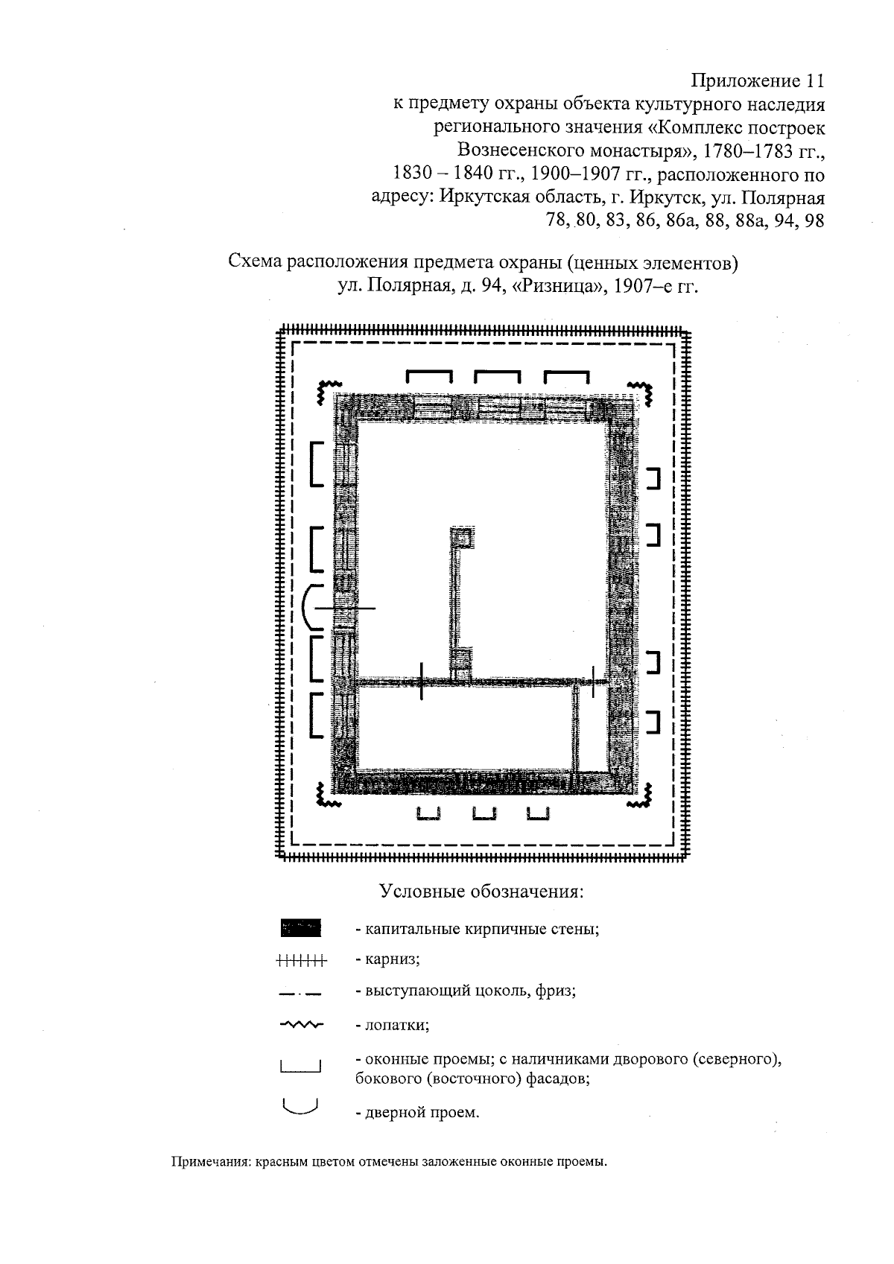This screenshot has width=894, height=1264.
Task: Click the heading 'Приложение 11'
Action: pos(758,80)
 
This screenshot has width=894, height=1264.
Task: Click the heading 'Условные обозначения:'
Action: pos(481,892)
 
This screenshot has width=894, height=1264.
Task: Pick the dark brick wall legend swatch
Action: pos(300,928)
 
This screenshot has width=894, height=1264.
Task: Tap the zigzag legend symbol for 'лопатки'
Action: pos(300,1025)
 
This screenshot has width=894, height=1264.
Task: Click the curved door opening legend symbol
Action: pos(300,1108)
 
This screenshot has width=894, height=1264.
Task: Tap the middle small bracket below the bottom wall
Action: pos(485,814)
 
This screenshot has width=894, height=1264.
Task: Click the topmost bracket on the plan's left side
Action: pos(316,463)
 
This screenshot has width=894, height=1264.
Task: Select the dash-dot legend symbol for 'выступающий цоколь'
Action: pos(300,992)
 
